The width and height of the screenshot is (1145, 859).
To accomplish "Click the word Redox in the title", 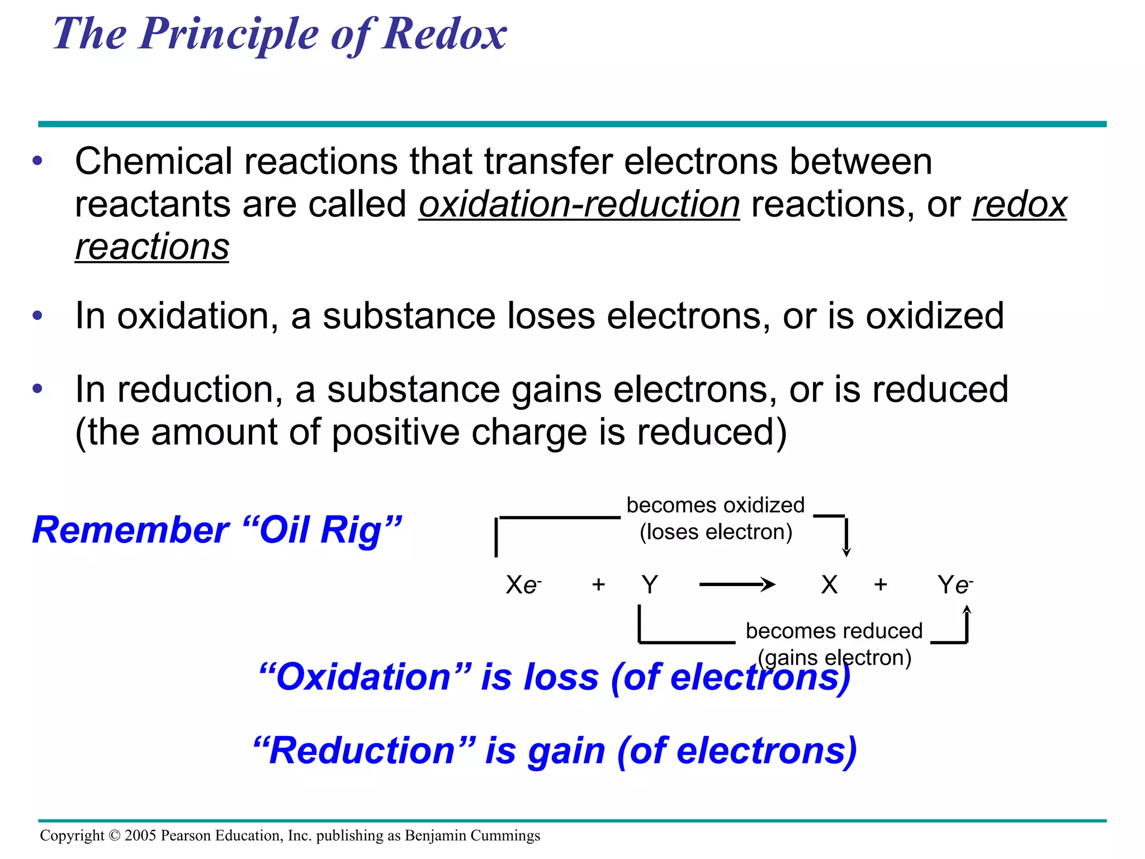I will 444,34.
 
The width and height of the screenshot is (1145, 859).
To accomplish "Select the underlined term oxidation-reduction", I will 579,204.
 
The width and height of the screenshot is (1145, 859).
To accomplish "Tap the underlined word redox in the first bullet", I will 1019,204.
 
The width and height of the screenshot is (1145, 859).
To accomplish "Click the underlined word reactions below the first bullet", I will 152,247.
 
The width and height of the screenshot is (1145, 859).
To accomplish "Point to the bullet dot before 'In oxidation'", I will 37,315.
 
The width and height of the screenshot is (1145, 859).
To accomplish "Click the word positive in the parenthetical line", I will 396,432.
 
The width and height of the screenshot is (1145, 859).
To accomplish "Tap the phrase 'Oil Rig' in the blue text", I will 330,530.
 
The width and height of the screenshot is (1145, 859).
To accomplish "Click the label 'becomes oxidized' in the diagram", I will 715,505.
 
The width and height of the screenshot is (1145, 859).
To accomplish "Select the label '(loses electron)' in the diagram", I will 716,532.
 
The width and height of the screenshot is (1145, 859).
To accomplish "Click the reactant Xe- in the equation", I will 523,585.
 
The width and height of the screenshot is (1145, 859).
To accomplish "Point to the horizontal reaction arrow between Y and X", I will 737,585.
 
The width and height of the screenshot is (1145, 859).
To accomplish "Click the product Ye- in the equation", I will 955,585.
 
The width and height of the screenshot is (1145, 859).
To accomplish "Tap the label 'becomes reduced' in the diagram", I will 834,631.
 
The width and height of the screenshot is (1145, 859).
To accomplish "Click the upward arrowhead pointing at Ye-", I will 967,610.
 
